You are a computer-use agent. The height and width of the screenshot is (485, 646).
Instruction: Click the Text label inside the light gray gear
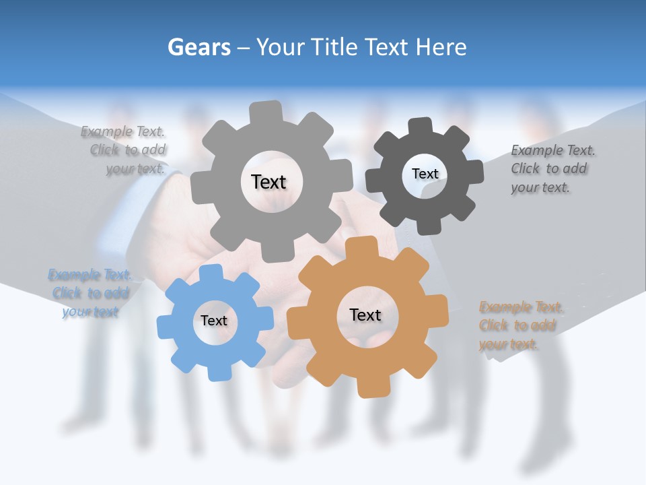268,182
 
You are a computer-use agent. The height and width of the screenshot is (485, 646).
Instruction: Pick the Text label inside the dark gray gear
425,174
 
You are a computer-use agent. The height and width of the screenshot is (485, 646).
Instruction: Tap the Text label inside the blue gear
214,321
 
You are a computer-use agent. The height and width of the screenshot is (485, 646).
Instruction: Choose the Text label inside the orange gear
365,315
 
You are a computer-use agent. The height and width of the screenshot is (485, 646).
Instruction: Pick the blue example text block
89,293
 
